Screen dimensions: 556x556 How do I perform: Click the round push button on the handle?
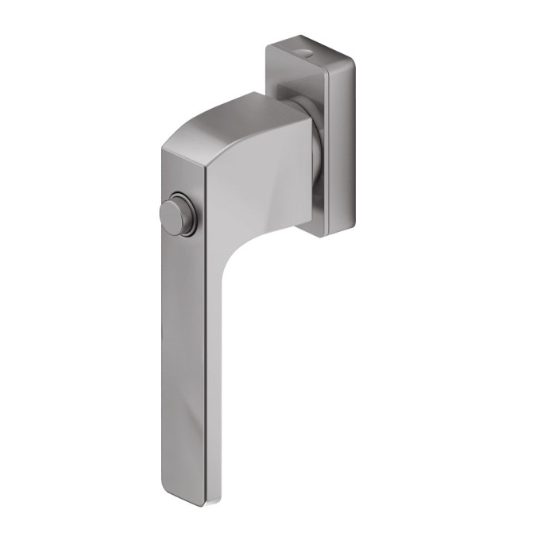click(178, 215)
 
